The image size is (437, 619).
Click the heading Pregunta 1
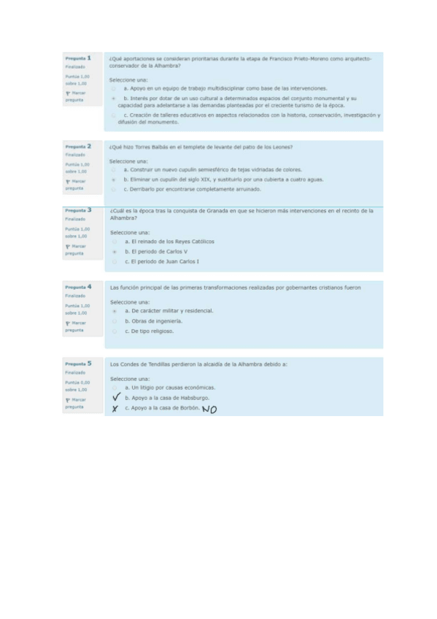click(78, 58)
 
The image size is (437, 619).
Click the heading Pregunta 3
click(78, 210)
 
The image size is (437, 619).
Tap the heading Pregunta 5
click(78, 363)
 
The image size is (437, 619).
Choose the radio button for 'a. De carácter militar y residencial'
click(115, 311)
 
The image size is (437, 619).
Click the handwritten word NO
click(209, 409)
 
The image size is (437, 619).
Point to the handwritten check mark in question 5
click(115, 398)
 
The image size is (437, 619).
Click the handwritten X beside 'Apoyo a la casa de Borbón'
click(115, 409)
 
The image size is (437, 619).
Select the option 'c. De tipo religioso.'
click(148, 331)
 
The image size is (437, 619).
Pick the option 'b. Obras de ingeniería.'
click(152, 320)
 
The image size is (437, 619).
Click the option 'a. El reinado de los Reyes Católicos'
click(169, 241)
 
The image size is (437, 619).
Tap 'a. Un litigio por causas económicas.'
click(169, 388)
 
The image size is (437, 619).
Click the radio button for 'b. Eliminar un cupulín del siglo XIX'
click(114, 179)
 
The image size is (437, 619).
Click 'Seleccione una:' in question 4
click(129, 301)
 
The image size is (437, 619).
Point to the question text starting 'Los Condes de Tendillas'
click(198, 364)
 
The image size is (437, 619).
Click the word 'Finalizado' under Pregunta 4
click(74, 296)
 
